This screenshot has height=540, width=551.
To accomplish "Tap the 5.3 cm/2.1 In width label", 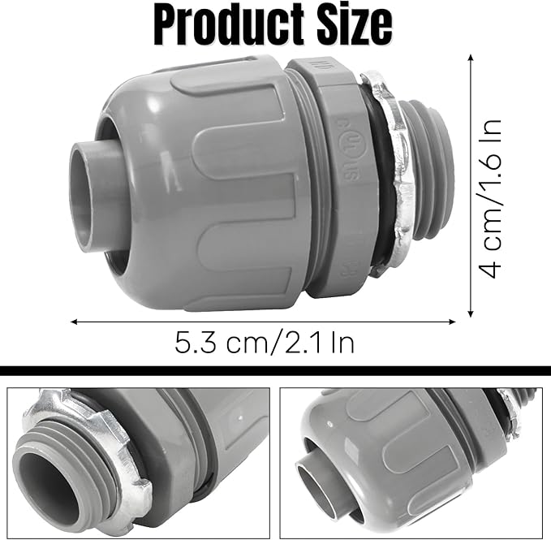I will click(x=265, y=342).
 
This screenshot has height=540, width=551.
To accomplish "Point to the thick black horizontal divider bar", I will click(x=275, y=371).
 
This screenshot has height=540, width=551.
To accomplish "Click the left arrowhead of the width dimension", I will click(x=75, y=322).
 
